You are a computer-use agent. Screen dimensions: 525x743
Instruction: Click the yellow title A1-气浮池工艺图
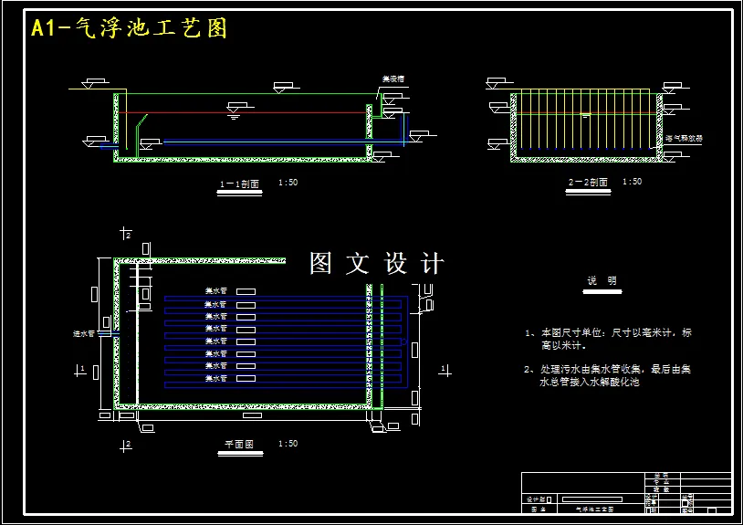[x=129, y=28]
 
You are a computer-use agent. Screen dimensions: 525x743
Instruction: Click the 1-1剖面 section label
[x=240, y=184]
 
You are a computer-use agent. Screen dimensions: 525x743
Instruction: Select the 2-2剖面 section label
[x=588, y=183]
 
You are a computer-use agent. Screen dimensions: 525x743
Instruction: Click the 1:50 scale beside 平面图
[x=287, y=444]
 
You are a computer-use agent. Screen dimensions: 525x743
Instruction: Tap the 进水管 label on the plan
[x=84, y=334]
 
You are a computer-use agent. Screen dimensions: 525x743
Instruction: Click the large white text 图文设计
[x=376, y=264]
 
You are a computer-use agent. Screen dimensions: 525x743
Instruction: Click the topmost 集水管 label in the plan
[x=215, y=291]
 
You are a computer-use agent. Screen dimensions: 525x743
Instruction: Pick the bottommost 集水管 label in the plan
[x=215, y=378]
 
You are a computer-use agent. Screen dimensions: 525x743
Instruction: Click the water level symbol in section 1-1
[x=233, y=112]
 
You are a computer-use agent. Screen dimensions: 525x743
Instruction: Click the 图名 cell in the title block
[x=538, y=509]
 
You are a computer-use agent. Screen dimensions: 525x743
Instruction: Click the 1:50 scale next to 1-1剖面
[x=288, y=183]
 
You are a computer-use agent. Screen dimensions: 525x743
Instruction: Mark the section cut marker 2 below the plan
[x=127, y=445]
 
